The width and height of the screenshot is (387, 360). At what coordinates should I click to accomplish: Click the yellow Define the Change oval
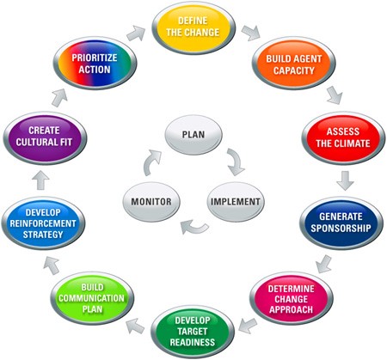pos(193,27)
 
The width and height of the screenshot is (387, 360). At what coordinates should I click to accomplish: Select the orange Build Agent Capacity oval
pos(294,64)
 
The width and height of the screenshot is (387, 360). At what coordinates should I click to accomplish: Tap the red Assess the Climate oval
pos(343,138)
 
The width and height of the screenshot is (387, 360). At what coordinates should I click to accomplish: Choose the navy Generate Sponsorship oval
pos(341,223)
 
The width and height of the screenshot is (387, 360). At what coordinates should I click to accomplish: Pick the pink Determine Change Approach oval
pos(292,298)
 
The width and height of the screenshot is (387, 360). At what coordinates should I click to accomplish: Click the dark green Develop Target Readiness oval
pos(193,332)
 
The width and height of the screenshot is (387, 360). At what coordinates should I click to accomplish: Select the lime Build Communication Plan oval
pos(92,298)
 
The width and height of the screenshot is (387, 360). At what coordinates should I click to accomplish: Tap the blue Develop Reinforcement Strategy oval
pos(43,223)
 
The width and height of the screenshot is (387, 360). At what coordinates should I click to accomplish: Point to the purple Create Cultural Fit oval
pos(45,138)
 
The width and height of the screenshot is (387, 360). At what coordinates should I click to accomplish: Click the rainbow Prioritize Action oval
pos(95,64)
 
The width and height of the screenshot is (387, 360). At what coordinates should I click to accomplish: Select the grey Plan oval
pos(193,135)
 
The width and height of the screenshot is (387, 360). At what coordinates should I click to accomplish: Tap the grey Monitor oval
pos(151,202)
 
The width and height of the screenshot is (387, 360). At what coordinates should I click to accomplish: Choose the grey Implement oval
pos(236,202)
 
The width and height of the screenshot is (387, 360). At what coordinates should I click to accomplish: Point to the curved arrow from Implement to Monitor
pos(194,227)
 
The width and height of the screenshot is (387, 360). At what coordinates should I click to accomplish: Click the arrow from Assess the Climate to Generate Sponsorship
pos(345,180)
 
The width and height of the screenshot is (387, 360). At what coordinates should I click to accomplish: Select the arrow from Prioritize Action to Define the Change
pos(136,33)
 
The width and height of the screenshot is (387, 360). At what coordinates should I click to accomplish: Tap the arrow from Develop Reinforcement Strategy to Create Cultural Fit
pos(40,180)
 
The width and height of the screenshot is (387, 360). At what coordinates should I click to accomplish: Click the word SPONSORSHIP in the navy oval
pos(341,229)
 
